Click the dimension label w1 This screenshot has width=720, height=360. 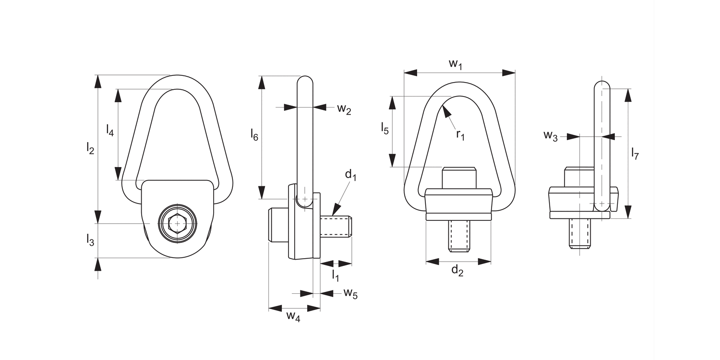[x=455, y=64]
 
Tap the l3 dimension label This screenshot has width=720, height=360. [x=90, y=240]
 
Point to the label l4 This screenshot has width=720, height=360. [x=110, y=130]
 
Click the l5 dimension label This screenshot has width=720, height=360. [x=384, y=128]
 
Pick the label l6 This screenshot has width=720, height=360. [x=254, y=135]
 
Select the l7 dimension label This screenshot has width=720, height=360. [x=635, y=155]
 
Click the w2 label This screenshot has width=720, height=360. [x=344, y=109]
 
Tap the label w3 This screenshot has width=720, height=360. [x=551, y=136]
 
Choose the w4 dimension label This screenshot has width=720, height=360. [x=293, y=316]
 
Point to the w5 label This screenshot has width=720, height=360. [x=350, y=294]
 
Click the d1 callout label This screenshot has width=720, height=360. [x=350, y=175]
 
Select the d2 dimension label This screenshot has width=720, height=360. [x=457, y=271]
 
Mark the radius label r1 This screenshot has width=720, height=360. [x=460, y=135]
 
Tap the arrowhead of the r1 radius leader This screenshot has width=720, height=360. [x=446, y=110]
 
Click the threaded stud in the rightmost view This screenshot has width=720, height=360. [x=580, y=233]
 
